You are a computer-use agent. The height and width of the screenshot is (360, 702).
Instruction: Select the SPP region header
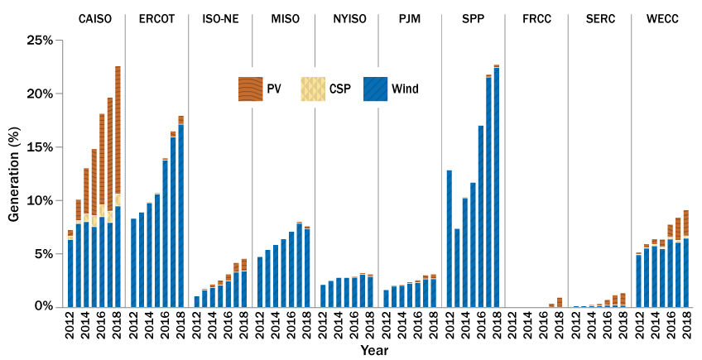coord(472,18)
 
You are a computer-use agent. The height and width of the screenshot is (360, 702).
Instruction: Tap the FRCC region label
coord(536,18)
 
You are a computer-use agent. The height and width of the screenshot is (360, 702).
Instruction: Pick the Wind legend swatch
coord(376,89)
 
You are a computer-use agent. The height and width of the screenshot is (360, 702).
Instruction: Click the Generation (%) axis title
coord(13,174)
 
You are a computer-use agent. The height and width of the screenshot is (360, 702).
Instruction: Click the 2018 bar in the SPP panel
coord(497,186)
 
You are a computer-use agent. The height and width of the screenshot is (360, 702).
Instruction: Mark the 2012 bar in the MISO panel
coord(260,281)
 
